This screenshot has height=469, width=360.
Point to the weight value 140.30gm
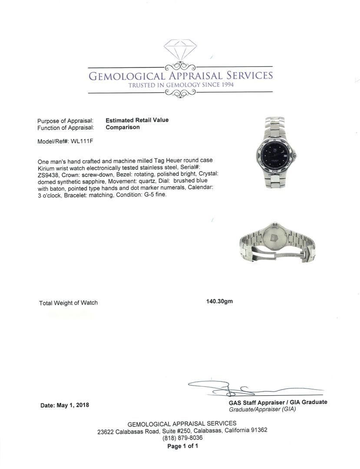click(x=219, y=301)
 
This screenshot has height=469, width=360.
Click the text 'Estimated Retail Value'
click(x=137, y=120)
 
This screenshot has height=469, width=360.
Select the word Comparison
click(x=122, y=127)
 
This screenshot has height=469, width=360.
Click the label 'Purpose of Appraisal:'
click(x=66, y=121)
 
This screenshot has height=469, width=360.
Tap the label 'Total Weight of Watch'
click(x=68, y=303)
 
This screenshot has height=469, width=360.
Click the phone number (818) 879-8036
click(x=182, y=438)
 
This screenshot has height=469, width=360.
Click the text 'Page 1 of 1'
click(x=182, y=446)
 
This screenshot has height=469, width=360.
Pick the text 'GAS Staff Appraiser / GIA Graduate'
click(x=278, y=402)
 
